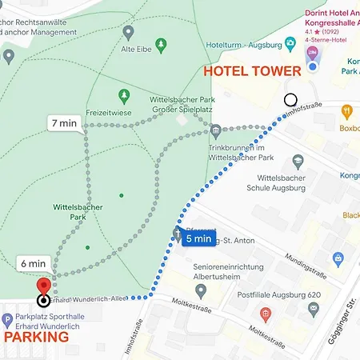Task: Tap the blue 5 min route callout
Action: (x=198, y=238)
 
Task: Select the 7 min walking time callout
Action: (x=65, y=123)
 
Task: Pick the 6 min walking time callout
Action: (x=34, y=263)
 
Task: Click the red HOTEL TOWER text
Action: (x=252, y=71)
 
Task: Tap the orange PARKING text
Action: (x=37, y=337)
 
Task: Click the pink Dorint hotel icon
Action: (x=312, y=54)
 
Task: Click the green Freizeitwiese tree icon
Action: (x=123, y=96)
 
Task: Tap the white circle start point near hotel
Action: (x=290, y=100)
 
